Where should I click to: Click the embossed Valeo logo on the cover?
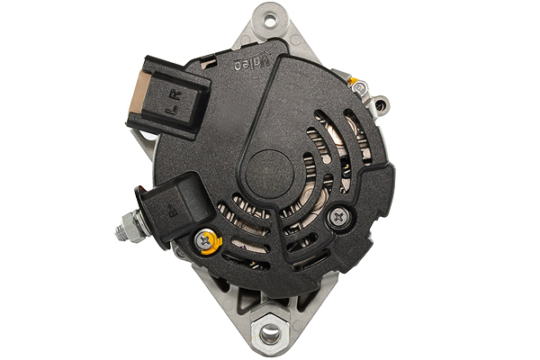coord(251,64)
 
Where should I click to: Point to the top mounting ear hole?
coord(269,15)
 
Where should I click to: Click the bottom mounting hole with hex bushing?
coord(269,335)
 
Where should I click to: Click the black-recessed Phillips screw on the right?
coord(339,216)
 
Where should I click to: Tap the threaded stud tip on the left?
coord(120,232)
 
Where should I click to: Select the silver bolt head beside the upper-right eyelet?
coord(360,88)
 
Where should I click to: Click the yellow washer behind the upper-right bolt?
coord(354,82)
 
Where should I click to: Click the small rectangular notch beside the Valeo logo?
coord(209,62)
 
